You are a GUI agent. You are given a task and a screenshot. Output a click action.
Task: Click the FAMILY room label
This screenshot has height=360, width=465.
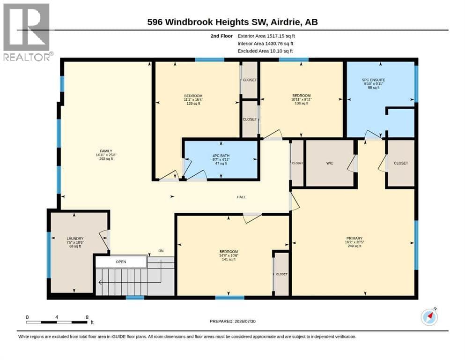[x=106, y=151]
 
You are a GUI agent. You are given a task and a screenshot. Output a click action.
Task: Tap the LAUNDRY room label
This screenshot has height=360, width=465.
[x=75, y=238]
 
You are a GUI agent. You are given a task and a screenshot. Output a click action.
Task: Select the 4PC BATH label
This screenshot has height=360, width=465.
[x=221, y=156]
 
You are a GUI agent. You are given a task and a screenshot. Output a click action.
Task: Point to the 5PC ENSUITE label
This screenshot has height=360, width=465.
[x=374, y=80]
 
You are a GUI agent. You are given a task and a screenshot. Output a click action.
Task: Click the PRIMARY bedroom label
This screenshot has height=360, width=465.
[x=354, y=238]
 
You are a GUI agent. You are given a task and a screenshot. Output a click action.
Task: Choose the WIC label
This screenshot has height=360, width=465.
[x=330, y=163]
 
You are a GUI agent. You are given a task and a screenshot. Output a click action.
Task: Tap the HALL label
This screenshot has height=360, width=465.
[x=241, y=197]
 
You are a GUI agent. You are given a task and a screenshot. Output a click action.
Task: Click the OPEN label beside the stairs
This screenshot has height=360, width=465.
[x=121, y=262]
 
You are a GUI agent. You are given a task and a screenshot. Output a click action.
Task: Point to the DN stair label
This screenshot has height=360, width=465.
[x=161, y=251]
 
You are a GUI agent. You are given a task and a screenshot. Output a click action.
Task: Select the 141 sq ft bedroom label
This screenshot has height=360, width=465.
[x=229, y=255]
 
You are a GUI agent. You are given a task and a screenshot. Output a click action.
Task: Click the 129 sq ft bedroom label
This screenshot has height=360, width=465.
[x=193, y=99]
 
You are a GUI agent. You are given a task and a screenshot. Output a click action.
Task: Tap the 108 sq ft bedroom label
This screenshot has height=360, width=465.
[x=301, y=99]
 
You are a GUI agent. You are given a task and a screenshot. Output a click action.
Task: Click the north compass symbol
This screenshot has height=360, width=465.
[x=429, y=317]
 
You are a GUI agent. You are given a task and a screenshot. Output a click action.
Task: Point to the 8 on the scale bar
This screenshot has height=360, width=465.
[x=87, y=317]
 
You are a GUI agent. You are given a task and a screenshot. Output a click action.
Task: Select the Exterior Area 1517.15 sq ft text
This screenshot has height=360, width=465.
[x=266, y=36]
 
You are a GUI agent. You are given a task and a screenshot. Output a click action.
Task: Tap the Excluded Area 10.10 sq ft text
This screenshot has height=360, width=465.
[x=265, y=51]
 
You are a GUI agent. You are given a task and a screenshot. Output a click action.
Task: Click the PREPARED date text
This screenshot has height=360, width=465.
[x=232, y=321]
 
